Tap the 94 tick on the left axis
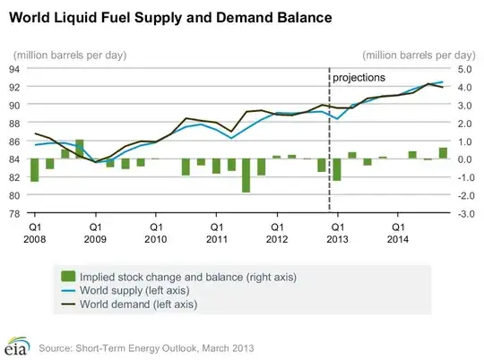[14, 68]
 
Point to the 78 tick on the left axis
[14, 213]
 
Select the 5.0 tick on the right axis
[465, 68]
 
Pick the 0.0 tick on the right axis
[465, 159]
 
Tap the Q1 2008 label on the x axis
[35, 233]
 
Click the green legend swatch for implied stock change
[66, 276]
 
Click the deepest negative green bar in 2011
[246, 176]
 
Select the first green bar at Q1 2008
[34, 170]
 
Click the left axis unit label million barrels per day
[65, 56]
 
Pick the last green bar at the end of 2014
[443, 153]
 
